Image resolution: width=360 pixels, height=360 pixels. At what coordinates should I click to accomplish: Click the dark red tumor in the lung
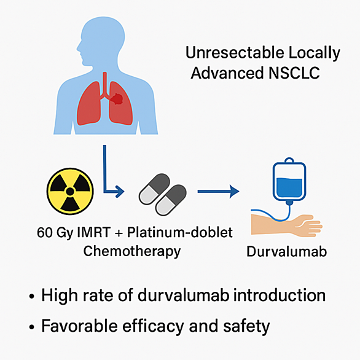coord(116,99)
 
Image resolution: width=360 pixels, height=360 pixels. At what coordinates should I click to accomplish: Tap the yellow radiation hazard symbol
coord(70,191)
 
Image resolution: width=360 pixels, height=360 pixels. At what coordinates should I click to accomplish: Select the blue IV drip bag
coord(289,179)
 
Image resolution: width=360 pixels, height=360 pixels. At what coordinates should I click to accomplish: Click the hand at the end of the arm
coord(308,225)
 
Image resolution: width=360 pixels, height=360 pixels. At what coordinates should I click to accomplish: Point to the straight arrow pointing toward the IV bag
coord(218,191)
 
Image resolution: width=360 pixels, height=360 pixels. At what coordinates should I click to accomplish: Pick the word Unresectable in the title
coord(235,53)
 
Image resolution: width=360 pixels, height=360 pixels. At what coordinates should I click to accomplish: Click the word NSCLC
coord(294,73)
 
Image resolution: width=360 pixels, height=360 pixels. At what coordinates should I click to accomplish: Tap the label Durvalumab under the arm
coord(286,251)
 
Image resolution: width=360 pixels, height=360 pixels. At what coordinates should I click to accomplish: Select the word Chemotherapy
coord(132,251)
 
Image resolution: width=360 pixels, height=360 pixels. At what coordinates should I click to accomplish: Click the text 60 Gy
coord(55,233)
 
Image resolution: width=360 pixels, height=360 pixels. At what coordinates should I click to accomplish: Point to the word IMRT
coord(93,232)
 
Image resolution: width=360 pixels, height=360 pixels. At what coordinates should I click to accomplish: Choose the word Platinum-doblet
coord(180,232)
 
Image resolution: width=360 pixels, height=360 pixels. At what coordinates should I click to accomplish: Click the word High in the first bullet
coord(60,295)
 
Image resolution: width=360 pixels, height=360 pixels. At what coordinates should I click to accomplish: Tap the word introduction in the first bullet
coord(280,295)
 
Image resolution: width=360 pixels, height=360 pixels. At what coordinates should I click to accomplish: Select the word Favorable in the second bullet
coord(80,326)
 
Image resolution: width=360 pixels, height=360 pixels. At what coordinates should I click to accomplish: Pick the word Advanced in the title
coord(227,73)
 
